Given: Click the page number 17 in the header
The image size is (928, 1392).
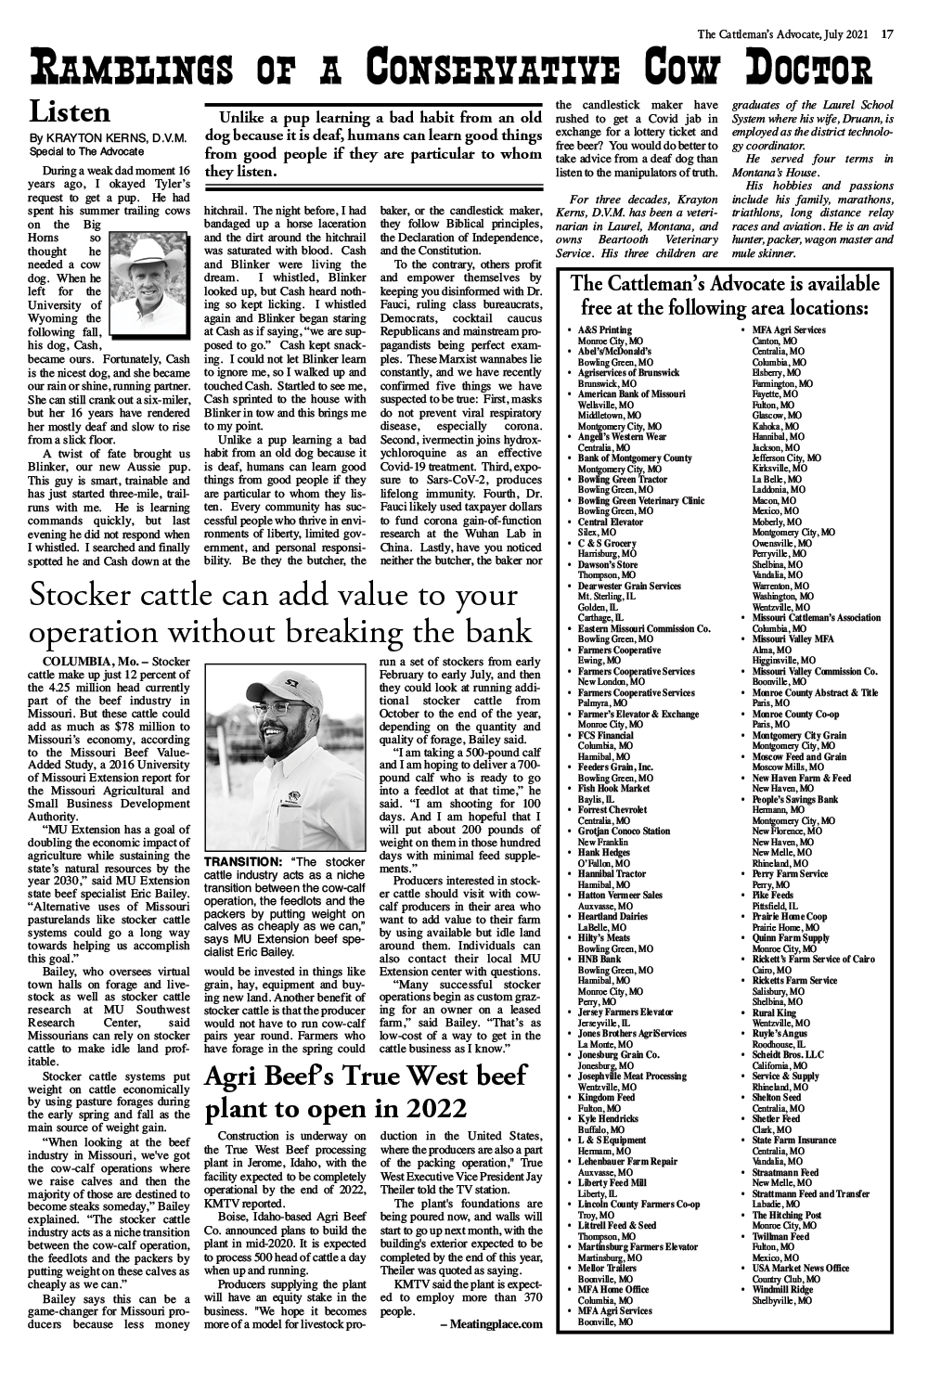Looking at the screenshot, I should tap(887, 35).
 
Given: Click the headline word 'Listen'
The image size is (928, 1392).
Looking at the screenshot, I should tap(70, 113).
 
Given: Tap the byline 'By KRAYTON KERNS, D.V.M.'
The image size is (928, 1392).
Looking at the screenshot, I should tap(110, 138).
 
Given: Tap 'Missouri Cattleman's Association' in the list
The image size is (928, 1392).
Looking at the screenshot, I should tap(817, 617).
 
